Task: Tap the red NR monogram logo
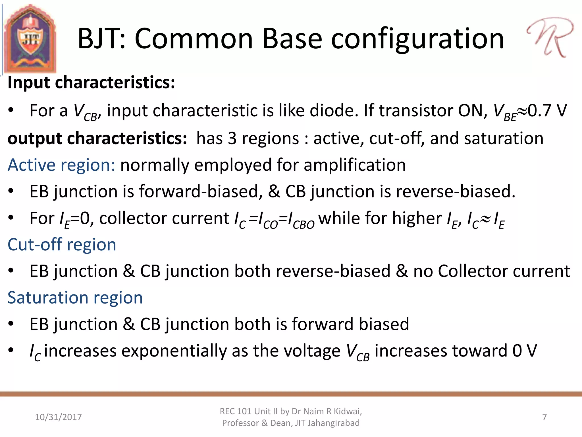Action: [x=550, y=37]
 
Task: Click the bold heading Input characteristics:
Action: [x=91, y=83]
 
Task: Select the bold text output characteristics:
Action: [x=97, y=139]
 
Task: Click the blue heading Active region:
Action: [x=61, y=165]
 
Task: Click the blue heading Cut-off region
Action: [x=62, y=245]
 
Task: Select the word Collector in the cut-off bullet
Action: [x=473, y=271]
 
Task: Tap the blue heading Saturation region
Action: [x=75, y=298]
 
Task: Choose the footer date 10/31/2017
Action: [x=58, y=417]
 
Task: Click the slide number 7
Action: [x=544, y=417]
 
